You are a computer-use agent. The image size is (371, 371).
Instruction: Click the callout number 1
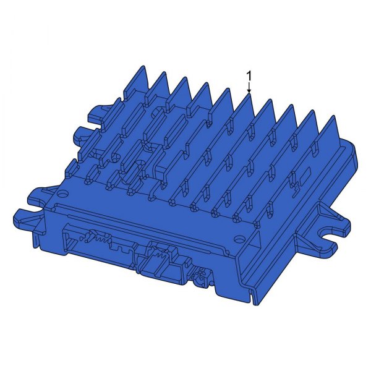[x=249, y=75]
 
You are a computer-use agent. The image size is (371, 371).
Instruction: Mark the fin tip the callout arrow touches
[x=249, y=94]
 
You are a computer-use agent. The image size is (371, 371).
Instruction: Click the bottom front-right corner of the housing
[x=255, y=302]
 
